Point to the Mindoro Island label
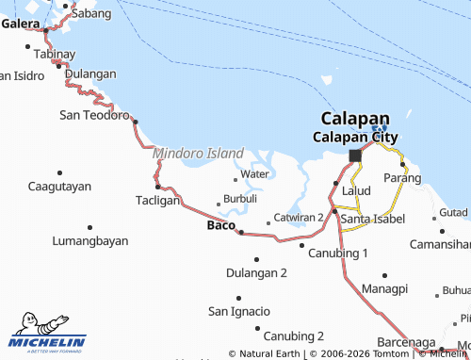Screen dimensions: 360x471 click(x=198, y=153)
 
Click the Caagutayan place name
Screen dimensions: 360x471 click(x=59, y=186)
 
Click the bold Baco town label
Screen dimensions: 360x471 click(x=220, y=226)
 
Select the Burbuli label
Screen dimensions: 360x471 click(x=240, y=200)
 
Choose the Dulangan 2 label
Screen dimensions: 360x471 click(x=256, y=273)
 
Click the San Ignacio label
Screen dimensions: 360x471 click(x=238, y=311)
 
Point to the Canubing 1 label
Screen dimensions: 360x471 click(x=339, y=254)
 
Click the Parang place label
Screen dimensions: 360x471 click(x=402, y=178)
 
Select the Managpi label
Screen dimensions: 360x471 click(x=384, y=287)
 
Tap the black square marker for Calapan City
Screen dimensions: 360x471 click(x=354, y=155)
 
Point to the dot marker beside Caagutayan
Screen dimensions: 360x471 click(x=59, y=172)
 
